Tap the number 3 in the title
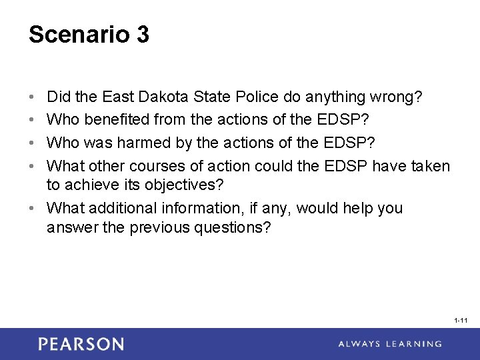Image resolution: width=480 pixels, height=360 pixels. pyautogui.click(x=142, y=35)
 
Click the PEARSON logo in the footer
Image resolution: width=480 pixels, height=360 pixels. pyautogui.click(x=81, y=344)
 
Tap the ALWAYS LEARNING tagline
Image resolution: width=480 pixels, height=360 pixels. pyautogui.click(x=389, y=344)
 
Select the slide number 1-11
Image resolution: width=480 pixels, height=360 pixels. pyautogui.click(x=461, y=321)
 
